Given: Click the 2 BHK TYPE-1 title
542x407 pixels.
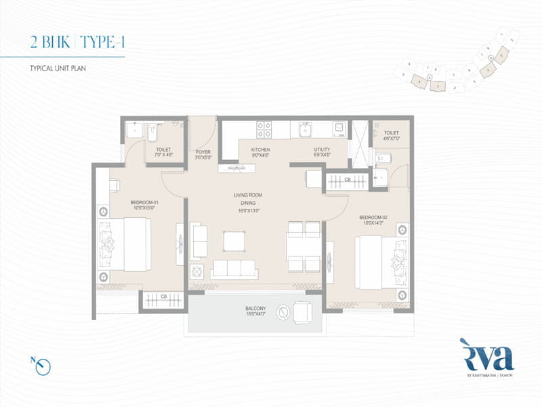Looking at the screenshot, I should pos(77,43).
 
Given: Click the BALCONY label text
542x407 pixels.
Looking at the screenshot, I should pos(255,308).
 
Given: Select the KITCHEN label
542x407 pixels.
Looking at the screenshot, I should pos(260,149).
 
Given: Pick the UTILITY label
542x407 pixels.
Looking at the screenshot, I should pos(322,149).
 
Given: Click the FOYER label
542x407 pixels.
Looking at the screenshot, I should pos(203,151).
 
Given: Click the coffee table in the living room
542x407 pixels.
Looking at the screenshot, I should pos(234,241).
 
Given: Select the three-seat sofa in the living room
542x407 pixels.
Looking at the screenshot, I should pos(234,269).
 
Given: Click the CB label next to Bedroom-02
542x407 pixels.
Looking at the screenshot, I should pos(347,180).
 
